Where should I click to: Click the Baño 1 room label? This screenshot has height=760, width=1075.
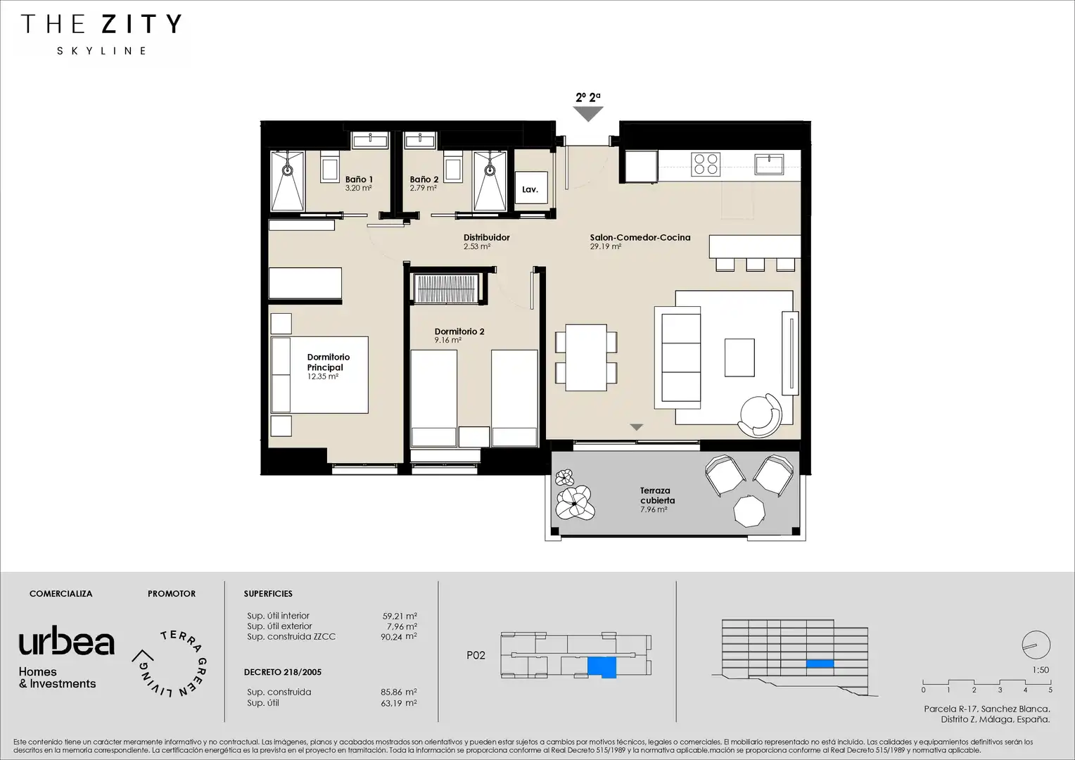coord(359,179)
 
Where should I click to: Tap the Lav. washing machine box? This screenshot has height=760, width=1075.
coord(531,187)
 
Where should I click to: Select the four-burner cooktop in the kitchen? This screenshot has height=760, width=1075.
coord(706,164)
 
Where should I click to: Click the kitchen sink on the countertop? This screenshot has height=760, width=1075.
coord(769,164)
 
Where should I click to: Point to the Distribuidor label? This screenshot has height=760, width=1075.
coord(486,237)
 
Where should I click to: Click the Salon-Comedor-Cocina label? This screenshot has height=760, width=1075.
coord(640,237)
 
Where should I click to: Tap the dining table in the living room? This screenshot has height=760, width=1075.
coord(586,357)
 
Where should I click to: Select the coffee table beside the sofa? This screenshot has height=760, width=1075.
coord(739,357)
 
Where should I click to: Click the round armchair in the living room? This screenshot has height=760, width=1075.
coord(761,415)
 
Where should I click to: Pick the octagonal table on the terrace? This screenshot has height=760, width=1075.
coord(749,512)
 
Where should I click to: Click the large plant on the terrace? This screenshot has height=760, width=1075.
coord(575,502)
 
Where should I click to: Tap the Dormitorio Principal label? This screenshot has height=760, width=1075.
coord(329,362)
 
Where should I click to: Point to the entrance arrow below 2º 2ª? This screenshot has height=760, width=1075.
coord(588,114)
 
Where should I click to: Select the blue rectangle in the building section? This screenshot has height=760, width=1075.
coord(820,664)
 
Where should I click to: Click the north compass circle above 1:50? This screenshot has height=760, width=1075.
coord(1036,645)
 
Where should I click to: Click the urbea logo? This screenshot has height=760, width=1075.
coord(66,641)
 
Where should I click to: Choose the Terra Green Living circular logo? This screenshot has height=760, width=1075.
coord(170,664)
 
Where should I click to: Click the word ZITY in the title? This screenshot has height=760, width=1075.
coord(141,24)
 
